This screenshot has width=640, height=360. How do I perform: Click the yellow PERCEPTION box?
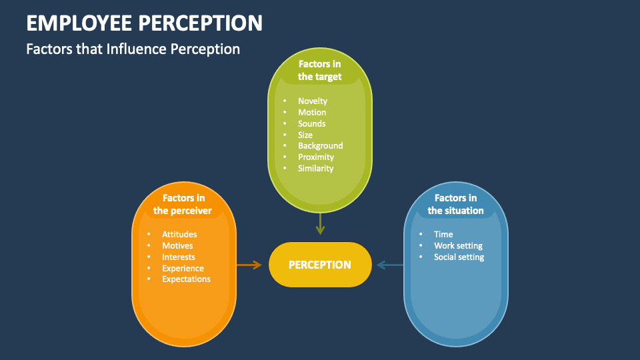coord(320,265)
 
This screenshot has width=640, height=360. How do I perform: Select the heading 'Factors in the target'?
coord(320,70)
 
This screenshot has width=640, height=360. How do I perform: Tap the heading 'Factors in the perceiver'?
coord(183,204)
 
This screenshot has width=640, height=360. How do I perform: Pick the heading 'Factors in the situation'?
coord(455,204)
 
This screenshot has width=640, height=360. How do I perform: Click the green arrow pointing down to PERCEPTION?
coord(320,223)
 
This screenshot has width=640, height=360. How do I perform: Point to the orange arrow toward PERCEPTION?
coord(249,265)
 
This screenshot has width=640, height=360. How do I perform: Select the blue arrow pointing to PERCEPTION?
coord(390,265)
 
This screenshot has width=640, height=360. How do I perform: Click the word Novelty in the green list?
coord(313,101)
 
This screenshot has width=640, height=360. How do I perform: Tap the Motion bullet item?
coord(312,113)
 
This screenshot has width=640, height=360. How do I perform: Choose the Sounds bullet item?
coord(312,124)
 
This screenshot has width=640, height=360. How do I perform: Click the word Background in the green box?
coord(321,146)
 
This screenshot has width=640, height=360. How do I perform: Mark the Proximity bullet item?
coord(316,157)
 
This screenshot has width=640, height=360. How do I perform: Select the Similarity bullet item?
coord(316,169)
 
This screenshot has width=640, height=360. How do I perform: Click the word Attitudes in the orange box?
coord(179,235)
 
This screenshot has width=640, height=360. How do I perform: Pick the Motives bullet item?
coord(177,246)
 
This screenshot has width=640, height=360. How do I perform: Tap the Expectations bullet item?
coord(186,279)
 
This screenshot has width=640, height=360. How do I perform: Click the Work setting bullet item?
coord(458,246)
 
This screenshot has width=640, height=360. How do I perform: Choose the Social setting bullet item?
coord(459,257)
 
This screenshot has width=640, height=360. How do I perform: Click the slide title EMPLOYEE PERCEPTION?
coord(144,23)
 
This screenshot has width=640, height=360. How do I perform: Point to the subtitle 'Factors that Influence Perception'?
coord(133,49)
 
